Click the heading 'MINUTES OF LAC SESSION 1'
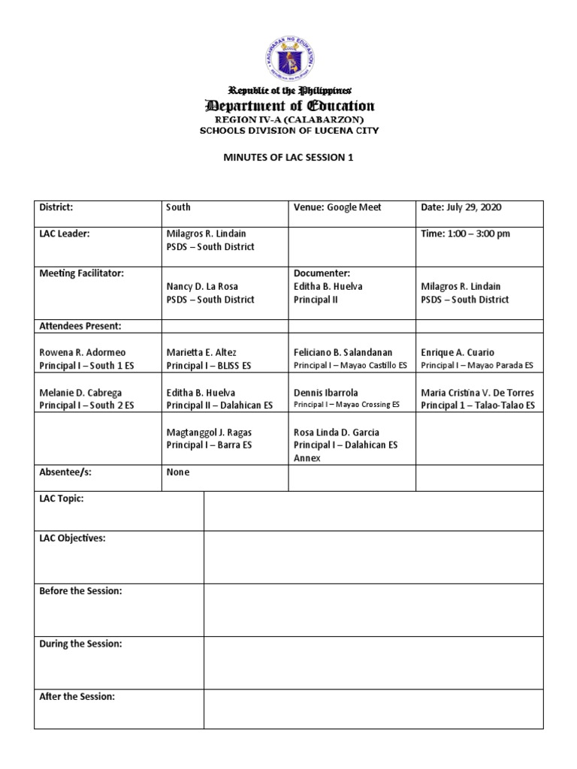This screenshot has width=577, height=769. (288, 158)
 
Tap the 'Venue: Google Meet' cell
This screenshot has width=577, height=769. (328, 207)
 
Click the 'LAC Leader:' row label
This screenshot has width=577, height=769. (64, 234)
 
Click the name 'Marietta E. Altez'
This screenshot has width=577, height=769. (201, 352)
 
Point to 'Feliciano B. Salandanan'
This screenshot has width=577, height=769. (343, 352)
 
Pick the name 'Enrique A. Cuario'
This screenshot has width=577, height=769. (458, 352)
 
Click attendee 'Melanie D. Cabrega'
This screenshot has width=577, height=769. (80, 392)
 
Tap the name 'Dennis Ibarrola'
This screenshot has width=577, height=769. (326, 392)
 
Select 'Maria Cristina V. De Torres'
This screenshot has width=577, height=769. (478, 392)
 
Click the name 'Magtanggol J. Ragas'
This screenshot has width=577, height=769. (208, 432)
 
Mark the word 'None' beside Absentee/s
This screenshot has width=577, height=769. (178, 472)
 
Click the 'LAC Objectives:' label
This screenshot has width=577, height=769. (72, 538)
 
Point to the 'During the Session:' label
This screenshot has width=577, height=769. (80, 644)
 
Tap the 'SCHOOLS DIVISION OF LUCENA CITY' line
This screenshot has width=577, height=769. (288, 131)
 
